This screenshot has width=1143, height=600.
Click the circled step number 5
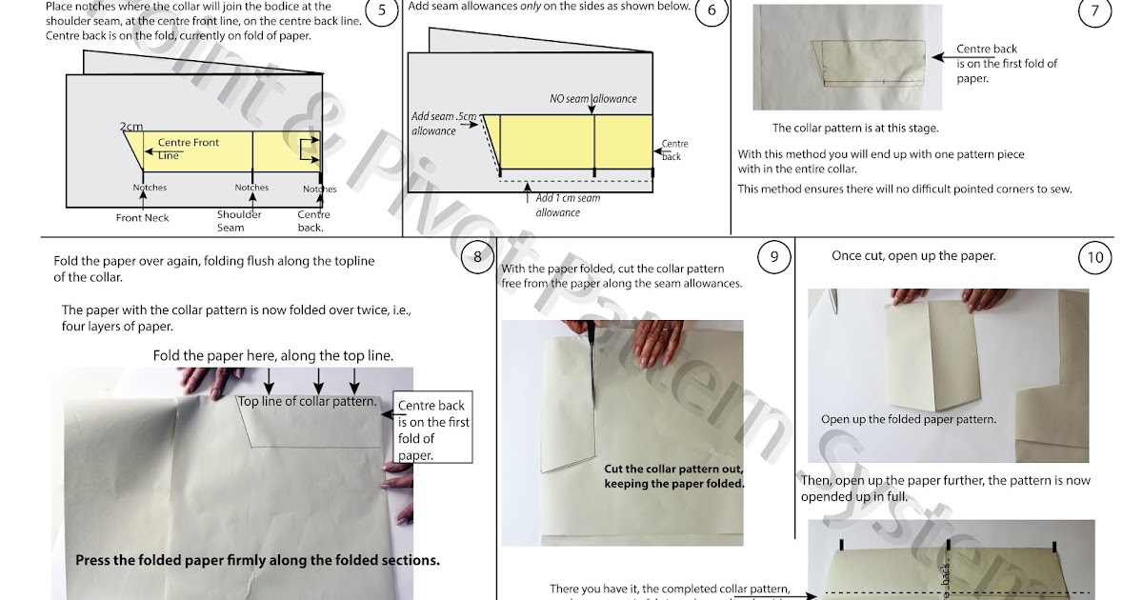pyautogui.click(x=382, y=12)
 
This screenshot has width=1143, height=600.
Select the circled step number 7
pyautogui.click(x=1095, y=12)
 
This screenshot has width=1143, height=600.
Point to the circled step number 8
pyautogui.click(x=477, y=257)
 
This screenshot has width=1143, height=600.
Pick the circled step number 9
pyautogui.click(x=774, y=257)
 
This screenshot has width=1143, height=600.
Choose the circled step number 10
pyautogui.click(x=1095, y=257)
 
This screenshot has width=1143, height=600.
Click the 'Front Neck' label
pyautogui.click(x=143, y=218)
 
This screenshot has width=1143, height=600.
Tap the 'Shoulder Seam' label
pyautogui.click(x=239, y=221)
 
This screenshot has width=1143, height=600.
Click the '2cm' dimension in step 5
pyautogui.click(x=130, y=127)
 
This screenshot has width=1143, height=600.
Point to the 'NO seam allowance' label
pyautogui.click(x=592, y=98)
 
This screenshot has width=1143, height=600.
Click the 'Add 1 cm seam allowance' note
pyautogui.click(x=568, y=205)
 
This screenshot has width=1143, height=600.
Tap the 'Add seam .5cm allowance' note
pyautogui.click(x=442, y=124)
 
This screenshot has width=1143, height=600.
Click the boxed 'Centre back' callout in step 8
pyautogui.click(x=433, y=430)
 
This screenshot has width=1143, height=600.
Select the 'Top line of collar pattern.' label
pyautogui.click(x=307, y=402)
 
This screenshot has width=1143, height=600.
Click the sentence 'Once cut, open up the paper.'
pyautogui.click(x=913, y=256)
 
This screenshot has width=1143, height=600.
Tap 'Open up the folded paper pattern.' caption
pyautogui.click(x=908, y=419)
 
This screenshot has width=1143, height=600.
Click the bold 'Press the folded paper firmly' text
pyautogui.click(x=257, y=560)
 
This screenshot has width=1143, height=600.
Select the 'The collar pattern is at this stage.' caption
pyautogui.click(x=854, y=128)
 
